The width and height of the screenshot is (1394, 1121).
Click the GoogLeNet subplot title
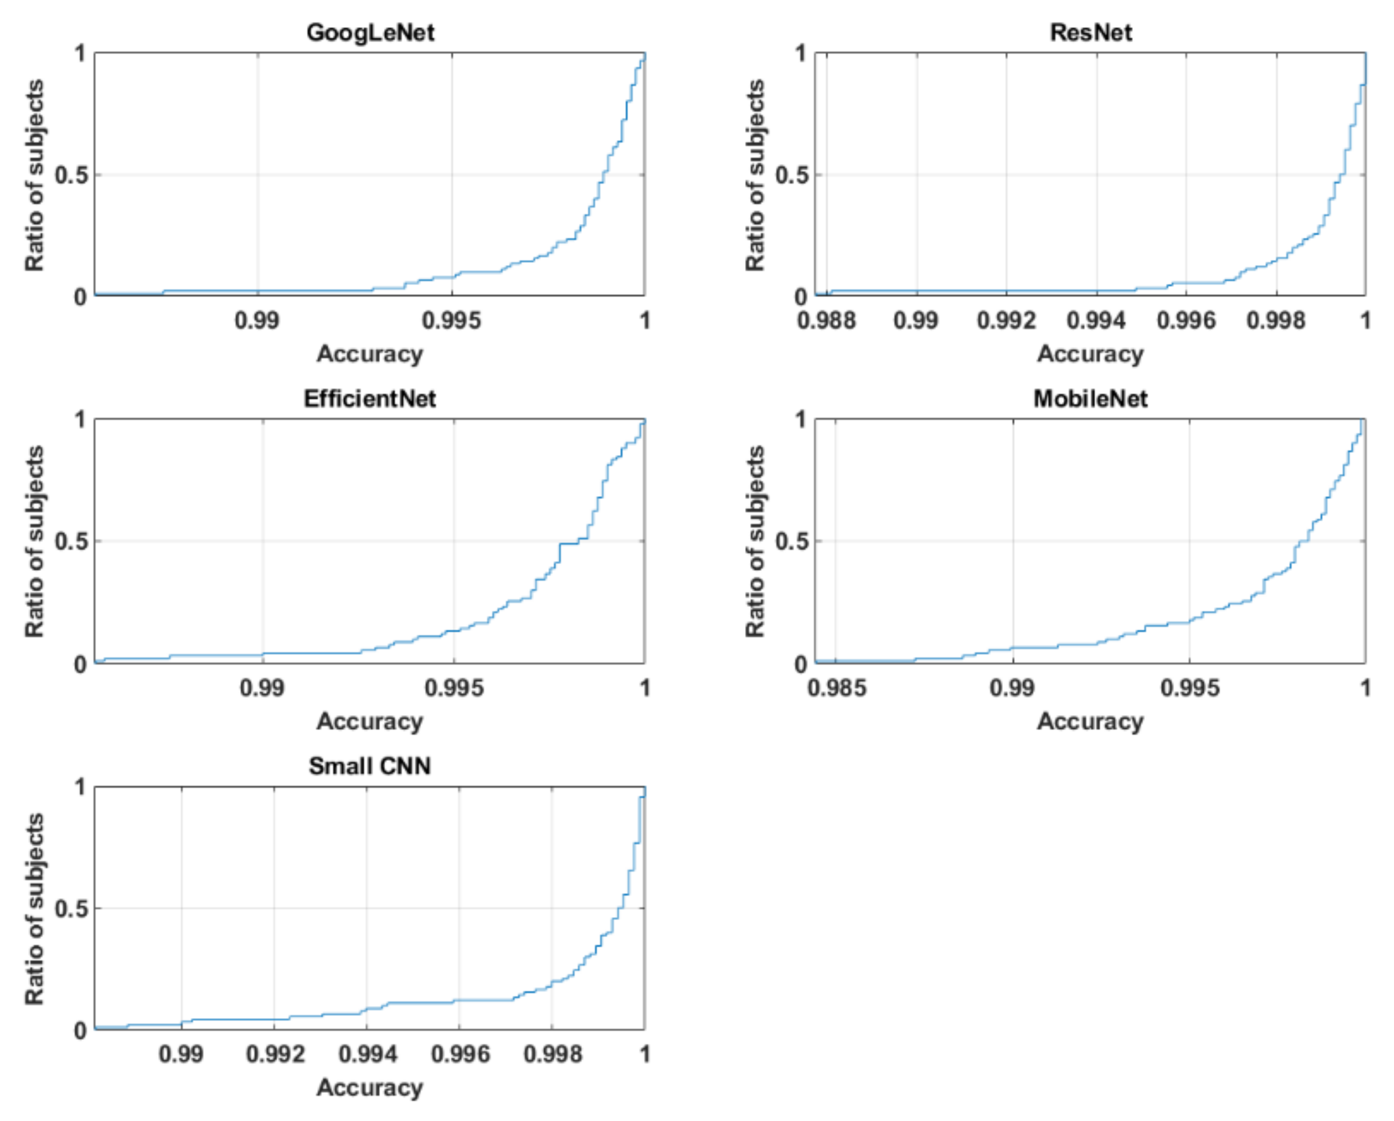[370, 32]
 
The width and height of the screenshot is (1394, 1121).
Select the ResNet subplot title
[1091, 32]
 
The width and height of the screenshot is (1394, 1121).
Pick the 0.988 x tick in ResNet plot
[826, 320]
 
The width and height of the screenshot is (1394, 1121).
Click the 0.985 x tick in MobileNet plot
[837, 688]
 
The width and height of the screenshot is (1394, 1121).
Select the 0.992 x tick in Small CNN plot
[275, 1054]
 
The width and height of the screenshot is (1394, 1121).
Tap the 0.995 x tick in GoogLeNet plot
[452, 320]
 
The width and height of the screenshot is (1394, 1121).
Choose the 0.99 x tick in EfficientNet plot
[262, 688]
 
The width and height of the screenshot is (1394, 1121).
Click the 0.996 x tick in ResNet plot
[1186, 320]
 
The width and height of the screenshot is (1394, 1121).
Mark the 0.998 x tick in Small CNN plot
[553, 1054]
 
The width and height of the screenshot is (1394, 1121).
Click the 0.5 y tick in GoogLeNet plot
[71, 175]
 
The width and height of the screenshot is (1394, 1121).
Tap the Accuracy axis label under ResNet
[1091, 354]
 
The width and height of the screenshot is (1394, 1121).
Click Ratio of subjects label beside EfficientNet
[35, 541]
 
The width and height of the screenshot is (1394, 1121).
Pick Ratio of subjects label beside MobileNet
[755, 541]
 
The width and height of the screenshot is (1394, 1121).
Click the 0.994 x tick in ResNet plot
[1096, 320]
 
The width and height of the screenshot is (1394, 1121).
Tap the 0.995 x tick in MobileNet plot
[1190, 688]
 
